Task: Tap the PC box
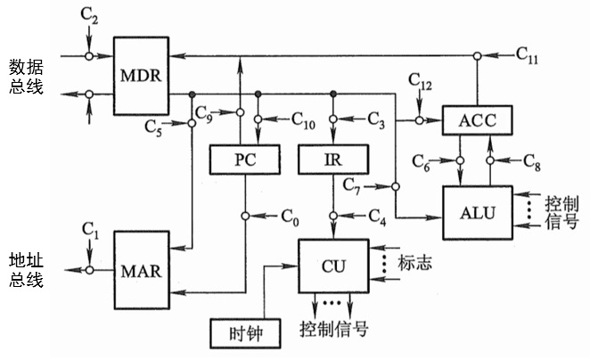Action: click(x=243, y=160)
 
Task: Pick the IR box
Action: click(x=332, y=160)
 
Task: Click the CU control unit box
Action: click(x=332, y=266)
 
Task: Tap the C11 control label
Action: click(x=528, y=54)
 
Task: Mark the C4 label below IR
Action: click(x=377, y=216)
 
